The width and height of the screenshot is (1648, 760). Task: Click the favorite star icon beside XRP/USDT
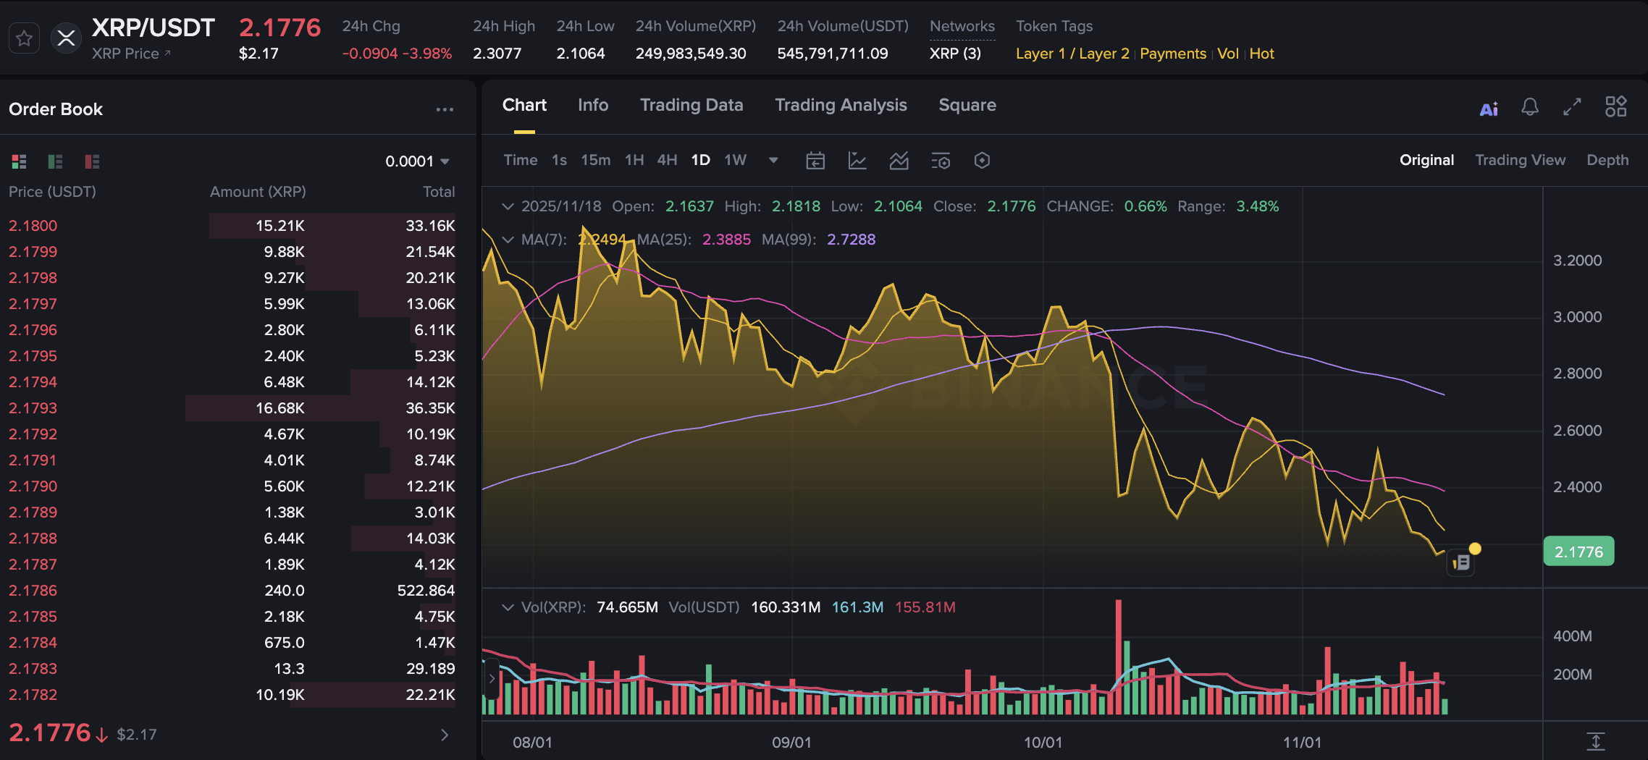[24, 38]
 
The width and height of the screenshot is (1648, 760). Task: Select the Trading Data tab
[691, 106]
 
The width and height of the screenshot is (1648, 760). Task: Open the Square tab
[967, 106]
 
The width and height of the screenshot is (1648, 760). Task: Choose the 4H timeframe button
[666, 160]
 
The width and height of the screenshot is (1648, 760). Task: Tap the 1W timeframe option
[735, 160]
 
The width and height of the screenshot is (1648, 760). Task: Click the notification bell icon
[1529, 108]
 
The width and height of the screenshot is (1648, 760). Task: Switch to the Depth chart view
[1607, 160]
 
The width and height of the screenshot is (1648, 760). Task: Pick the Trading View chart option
[1520, 160]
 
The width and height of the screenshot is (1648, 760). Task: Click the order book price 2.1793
[33, 408]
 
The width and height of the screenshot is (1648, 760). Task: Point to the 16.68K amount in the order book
[279, 408]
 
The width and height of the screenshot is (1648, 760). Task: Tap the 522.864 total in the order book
[426, 591]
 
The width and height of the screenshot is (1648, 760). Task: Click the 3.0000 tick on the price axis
[1577, 317]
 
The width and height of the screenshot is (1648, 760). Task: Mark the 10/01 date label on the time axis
[1043, 743]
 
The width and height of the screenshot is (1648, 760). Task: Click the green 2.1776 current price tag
[1578, 552]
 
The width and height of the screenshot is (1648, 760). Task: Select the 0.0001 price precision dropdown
[417, 161]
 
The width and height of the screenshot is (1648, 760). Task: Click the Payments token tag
[1172, 54]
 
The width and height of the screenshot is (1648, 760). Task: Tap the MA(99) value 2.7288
[851, 240]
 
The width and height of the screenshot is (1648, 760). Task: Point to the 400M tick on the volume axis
[1572, 636]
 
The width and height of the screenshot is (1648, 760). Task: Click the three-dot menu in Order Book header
[445, 110]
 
